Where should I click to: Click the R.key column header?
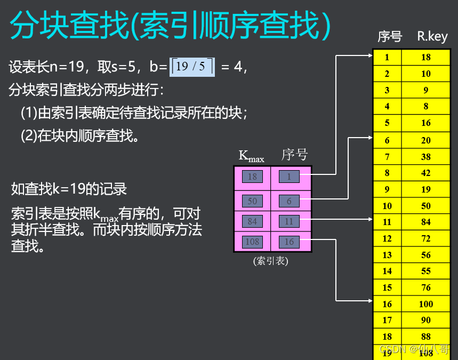pyautogui.click(x=432, y=37)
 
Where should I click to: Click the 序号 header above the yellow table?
pyautogui.click(x=389, y=37)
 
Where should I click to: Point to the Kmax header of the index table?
pyautogui.click(x=251, y=156)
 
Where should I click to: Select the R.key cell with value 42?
pyautogui.click(x=425, y=173)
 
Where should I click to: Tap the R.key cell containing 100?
pyautogui.click(x=425, y=304)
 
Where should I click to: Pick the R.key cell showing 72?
pyautogui.click(x=425, y=238)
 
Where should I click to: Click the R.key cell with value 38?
pyautogui.click(x=425, y=156)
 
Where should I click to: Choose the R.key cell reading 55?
pyautogui.click(x=425, y=271)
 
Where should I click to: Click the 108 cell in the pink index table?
pyautogui.click(x=252, y=242)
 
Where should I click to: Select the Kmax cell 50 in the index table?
pyautogui.click(x=252, y=201)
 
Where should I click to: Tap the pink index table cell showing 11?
pyautogui.click(x=289, y=221)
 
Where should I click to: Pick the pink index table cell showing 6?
pyautogui.click(x=289, y=201)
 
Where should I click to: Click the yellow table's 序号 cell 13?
pyautogui.click(x=387, y=255)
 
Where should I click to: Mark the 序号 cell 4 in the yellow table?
pyautogui.click(x=387, y=107)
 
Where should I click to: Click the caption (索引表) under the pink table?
pyautogui.click(x=271, y=261)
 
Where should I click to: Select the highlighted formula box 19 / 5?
pyautogui.click(x=192, y=66)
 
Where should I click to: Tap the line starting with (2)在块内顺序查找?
pyautogui.click(x=81, y=135)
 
